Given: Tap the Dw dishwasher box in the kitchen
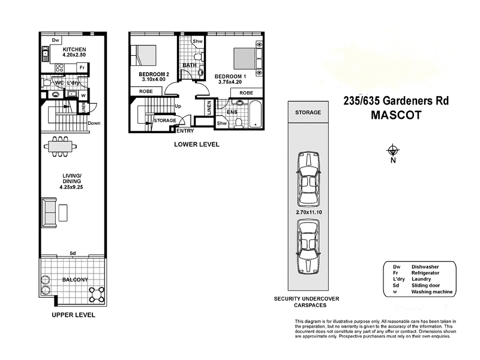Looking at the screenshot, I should point(55,41).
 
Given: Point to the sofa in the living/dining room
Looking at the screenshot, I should point(49,211).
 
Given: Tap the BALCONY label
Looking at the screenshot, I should point(75,280).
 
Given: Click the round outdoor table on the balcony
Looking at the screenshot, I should point(96,294).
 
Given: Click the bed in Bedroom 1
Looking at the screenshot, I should point(244,59).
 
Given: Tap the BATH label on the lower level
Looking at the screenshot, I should point(190,65).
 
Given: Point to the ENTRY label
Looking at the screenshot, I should point(185,130).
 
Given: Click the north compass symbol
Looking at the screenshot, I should point(393,150).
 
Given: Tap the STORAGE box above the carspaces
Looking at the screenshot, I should point(308,112).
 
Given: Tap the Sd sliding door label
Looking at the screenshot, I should point(73,253).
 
